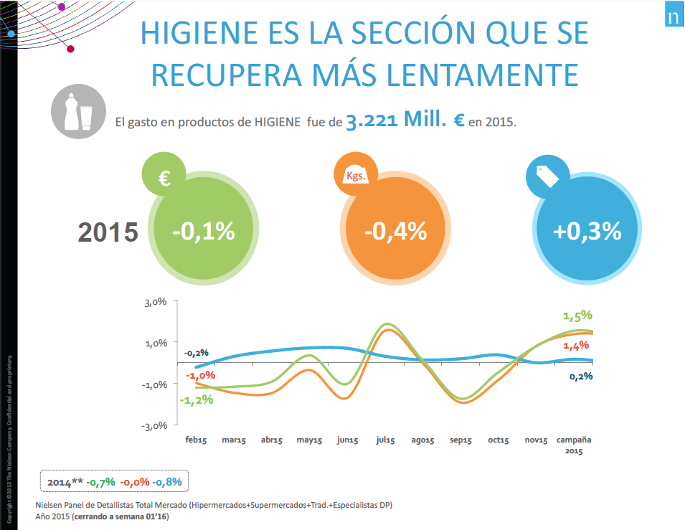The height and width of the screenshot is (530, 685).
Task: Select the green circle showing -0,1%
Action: point(204,231)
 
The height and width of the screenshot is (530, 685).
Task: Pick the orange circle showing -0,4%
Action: point(395,231)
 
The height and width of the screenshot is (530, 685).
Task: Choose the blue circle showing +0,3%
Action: point(587,231)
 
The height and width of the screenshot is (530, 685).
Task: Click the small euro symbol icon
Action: point(164,176)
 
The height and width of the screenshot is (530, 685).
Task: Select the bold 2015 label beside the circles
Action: point(108,232)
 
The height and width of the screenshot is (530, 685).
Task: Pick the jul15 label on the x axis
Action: point(385,440)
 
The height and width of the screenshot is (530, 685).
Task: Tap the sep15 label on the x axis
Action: point(460,440)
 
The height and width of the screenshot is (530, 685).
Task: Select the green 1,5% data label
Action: point(577,315)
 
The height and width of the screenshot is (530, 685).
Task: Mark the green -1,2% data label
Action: point(197,399)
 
